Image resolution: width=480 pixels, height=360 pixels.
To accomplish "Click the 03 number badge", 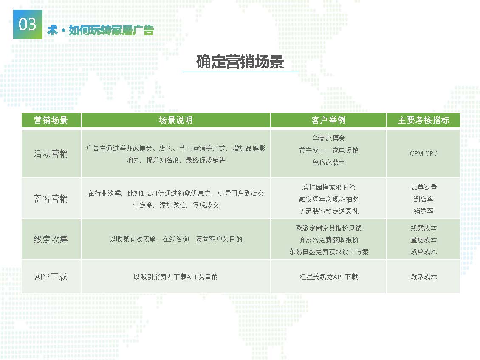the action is (28, 24).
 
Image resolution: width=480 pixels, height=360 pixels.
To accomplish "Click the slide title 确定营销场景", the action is (240, 62).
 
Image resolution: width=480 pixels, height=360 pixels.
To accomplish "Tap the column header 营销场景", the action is (51, 120).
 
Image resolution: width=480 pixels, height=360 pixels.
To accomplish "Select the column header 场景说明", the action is (176, 120).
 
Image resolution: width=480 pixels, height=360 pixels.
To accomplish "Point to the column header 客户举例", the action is (328, 120).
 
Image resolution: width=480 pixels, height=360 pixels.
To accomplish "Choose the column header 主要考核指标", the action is (424, 120).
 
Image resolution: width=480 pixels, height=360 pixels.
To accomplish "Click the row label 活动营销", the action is (51, 154).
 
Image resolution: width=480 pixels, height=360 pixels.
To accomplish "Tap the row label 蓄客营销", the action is (51, 199).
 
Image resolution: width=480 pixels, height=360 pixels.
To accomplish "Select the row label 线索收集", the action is (51, 239).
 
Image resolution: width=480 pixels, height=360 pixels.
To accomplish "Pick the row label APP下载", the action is (51, 277).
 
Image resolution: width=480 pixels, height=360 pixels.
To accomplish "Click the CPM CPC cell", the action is (424, 154).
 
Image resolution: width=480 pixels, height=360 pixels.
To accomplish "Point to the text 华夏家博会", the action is (328, 138).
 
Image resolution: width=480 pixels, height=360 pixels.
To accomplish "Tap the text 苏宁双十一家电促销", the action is (328, 150).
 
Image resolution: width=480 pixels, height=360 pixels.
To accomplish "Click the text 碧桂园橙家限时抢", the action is (328, 187).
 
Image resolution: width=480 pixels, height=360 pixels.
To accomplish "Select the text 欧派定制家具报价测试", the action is (328, 228).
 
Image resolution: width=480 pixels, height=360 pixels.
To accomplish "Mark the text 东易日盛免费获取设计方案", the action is (328, 252).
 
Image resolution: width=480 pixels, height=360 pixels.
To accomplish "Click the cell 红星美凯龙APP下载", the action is (328, 277).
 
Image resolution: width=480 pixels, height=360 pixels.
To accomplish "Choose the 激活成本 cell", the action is (424, 277).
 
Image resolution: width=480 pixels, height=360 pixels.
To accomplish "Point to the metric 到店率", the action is (424, 199).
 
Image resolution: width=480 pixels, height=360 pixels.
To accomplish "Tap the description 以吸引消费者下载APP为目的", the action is (176, 277).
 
